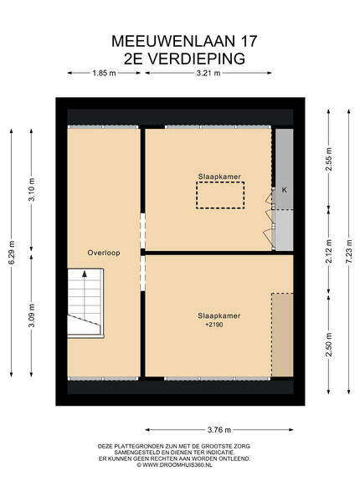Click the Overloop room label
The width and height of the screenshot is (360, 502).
[x=104, y=253]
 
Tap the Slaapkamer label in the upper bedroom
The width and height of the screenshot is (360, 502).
[x=219, y=177]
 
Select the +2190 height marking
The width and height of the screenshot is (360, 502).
[x=214, y=325]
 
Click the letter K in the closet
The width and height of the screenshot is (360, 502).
[x=284, y=190]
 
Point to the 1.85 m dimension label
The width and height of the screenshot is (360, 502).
[x=104, y=73]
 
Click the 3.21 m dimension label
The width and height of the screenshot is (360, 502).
[x=208, y=73]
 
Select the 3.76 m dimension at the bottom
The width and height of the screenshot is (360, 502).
[x=219, y=430]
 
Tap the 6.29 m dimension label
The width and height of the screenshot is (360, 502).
[x=12, y=253]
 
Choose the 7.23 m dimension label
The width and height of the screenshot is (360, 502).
[x=349, y=252]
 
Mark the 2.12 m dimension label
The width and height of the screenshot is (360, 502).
[x=329, y=251]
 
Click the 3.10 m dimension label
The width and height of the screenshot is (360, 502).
[x=31, y=190]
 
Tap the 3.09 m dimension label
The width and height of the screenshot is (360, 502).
[x=31, y=315]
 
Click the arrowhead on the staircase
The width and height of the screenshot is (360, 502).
[x=85, y=274]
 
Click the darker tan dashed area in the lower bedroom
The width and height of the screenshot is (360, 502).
[x=282, y=335]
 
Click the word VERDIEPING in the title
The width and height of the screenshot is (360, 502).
[x=197, y=59]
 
